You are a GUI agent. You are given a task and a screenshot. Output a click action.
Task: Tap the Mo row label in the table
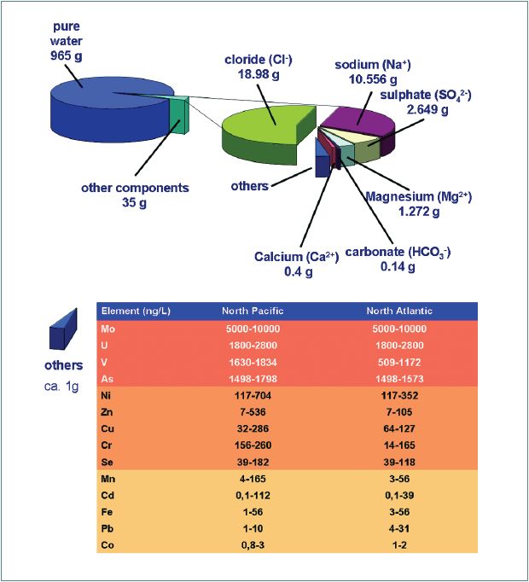point(108,329)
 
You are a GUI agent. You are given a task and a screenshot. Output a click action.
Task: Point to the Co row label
point(108,544)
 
